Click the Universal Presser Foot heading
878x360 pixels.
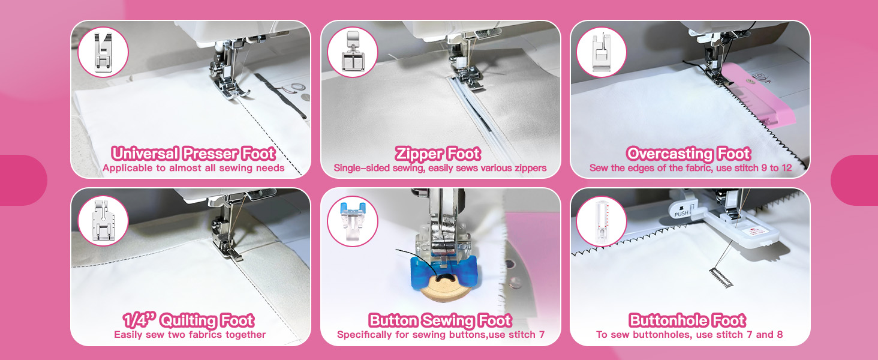pyautogui.click(x=193, y=154)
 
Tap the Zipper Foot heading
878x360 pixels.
pyautogui.click(x=438, y=154)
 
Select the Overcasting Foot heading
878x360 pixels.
pyautogui.click(x=688, y=154)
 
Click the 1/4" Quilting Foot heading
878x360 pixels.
pyautogui.click(x=189, y=320)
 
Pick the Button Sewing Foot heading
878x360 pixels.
pyautogui.click(x=440, y=320)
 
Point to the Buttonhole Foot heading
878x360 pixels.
pyautogui.click(x=687, y=320)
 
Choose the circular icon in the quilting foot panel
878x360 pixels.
pyautogui.click(x=103, y=220)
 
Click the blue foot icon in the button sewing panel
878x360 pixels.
pyautogui.click(x=352, y=220)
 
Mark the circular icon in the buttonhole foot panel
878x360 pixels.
pyautogui.click(x=601, y=220)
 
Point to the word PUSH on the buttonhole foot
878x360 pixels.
pyautogui.click(x=681, y=214)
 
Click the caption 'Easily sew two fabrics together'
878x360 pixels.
pyautogui.click(x=190, y=335)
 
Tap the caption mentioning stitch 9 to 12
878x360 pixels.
pyautogui.click(x=690, y=168)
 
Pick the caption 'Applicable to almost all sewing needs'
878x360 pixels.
pyautogui.click(x=193, y=168)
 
